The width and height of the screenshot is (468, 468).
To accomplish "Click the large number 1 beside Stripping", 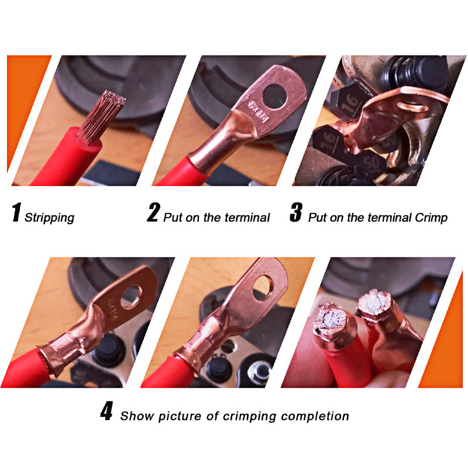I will click(16, 213).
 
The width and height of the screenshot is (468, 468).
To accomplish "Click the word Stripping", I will click(50, 218).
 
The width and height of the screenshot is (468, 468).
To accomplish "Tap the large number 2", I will click(153, 213).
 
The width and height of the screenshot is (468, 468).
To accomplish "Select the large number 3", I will click(295, 213).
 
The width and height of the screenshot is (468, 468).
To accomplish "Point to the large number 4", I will click(106, 412).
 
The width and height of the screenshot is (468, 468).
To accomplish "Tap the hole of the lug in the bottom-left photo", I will click(133, 296).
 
